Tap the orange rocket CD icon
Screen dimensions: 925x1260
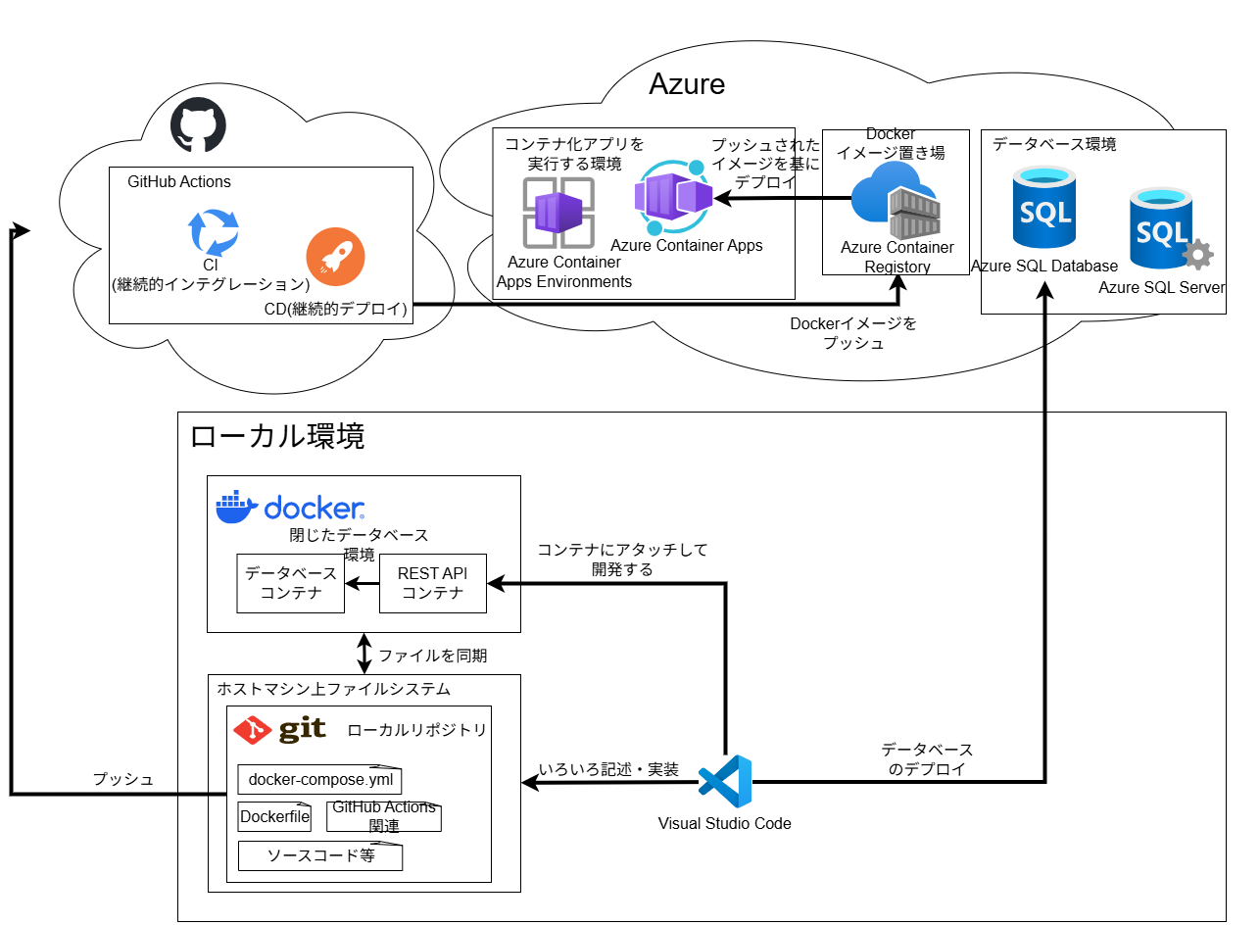click(x=335, y=257)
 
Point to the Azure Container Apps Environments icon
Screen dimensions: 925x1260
click(x=557, y=213)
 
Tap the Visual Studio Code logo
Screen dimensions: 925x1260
click(x=725, y=782)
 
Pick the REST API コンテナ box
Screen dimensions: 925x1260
click(x=432, y=583)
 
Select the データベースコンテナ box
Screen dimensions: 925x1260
click(x=291, y=583)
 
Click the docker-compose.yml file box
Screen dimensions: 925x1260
click(x=319, y=780)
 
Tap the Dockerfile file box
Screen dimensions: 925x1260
click(x=274, y=816)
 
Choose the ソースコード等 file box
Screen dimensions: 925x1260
click(x=319, y=855)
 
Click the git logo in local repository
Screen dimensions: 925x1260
click(x=279, y=730)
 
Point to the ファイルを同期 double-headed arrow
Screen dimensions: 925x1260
click(x=364, y=654)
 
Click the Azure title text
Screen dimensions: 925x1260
click(x=687, y=84)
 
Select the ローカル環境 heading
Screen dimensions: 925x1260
click(x=277, y=436)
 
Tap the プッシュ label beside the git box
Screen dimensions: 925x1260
click(x=123, y=780)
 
